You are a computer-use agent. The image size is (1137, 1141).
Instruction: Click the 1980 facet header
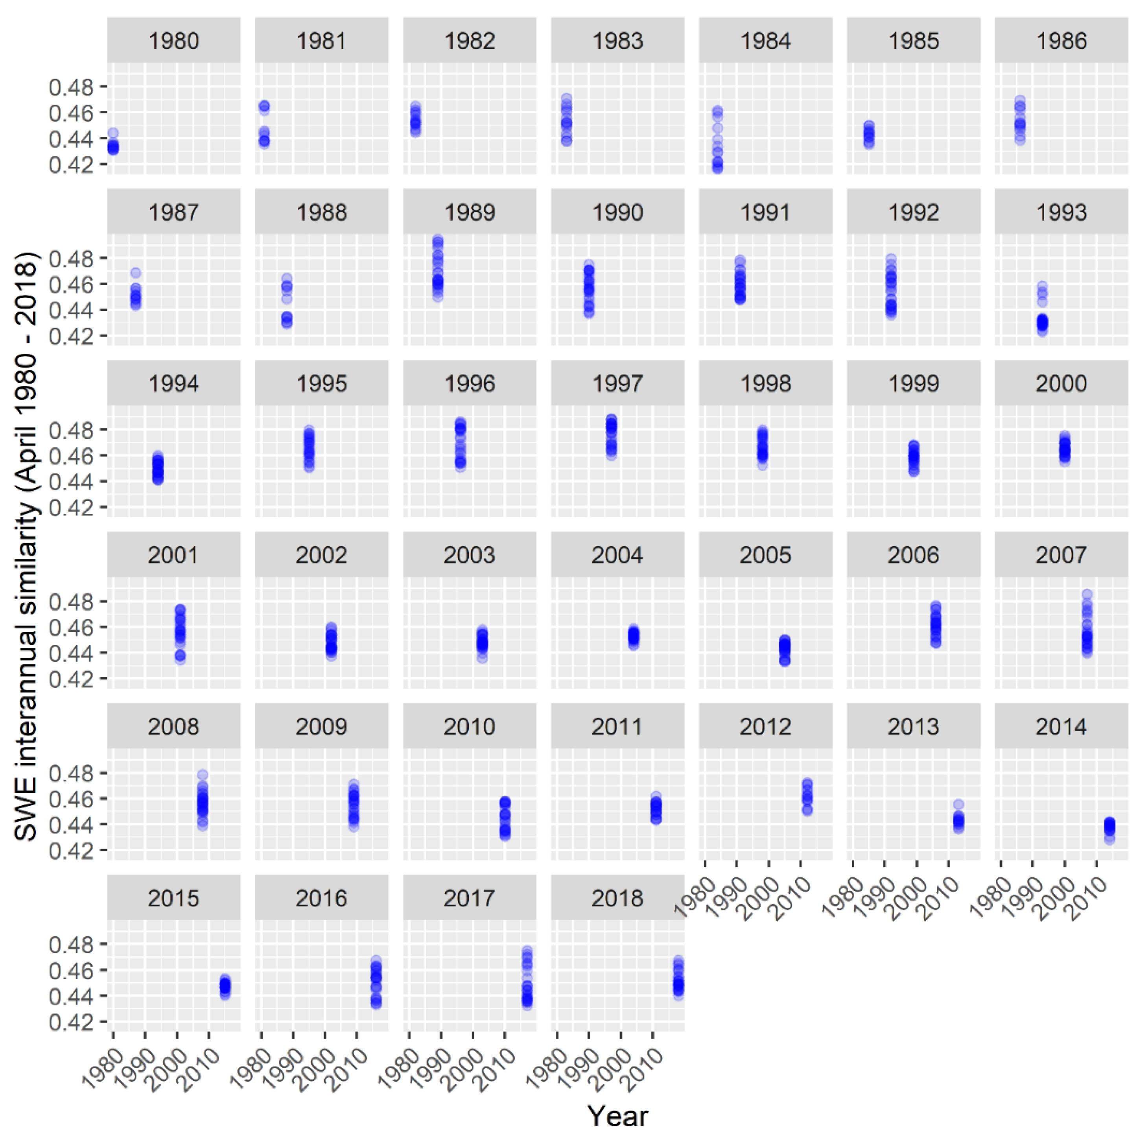[x=173, y=41]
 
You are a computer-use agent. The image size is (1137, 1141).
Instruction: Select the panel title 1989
[x=469, y=212]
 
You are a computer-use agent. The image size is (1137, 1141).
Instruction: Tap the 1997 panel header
[x=617, y=383]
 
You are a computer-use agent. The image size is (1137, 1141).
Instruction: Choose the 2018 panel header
[x=617, y=898]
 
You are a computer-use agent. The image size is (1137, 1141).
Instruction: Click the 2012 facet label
[x=765, y=726]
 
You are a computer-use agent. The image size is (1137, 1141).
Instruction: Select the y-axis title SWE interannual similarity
[x=26, y=546]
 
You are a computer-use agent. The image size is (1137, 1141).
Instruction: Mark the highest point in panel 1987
[x=136, y=273]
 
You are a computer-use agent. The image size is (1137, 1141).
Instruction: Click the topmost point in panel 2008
[x=203, y=775]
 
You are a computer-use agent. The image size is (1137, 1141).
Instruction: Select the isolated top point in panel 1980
[x=113, y=133]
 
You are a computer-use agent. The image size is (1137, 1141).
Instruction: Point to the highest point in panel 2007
[x=1087, y=594]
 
